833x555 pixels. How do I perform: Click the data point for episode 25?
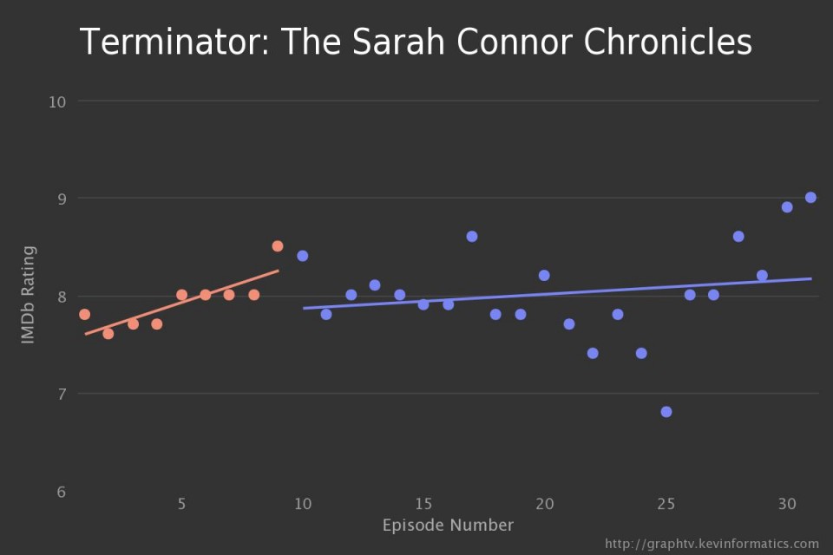[x=666, y=412]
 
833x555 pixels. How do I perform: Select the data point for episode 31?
[x=810, y=198]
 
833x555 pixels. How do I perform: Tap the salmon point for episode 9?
[x=278, y=246]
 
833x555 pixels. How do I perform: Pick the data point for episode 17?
[x=472, y=237]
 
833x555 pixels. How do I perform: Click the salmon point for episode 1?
[x=84, y=314]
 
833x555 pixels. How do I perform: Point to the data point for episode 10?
[x=303, y=256]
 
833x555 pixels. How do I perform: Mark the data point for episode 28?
[x=738, y=237]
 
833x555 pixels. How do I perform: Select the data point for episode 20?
[x=544, y=276]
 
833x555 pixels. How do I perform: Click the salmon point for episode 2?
[x=108, y=334]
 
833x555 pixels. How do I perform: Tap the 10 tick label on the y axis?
[x=58, y=101]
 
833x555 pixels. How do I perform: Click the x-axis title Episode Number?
[x=448, y=526]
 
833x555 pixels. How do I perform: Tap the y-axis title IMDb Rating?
[x=29, y=295]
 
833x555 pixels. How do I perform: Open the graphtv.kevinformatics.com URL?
[x=712, y=544]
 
